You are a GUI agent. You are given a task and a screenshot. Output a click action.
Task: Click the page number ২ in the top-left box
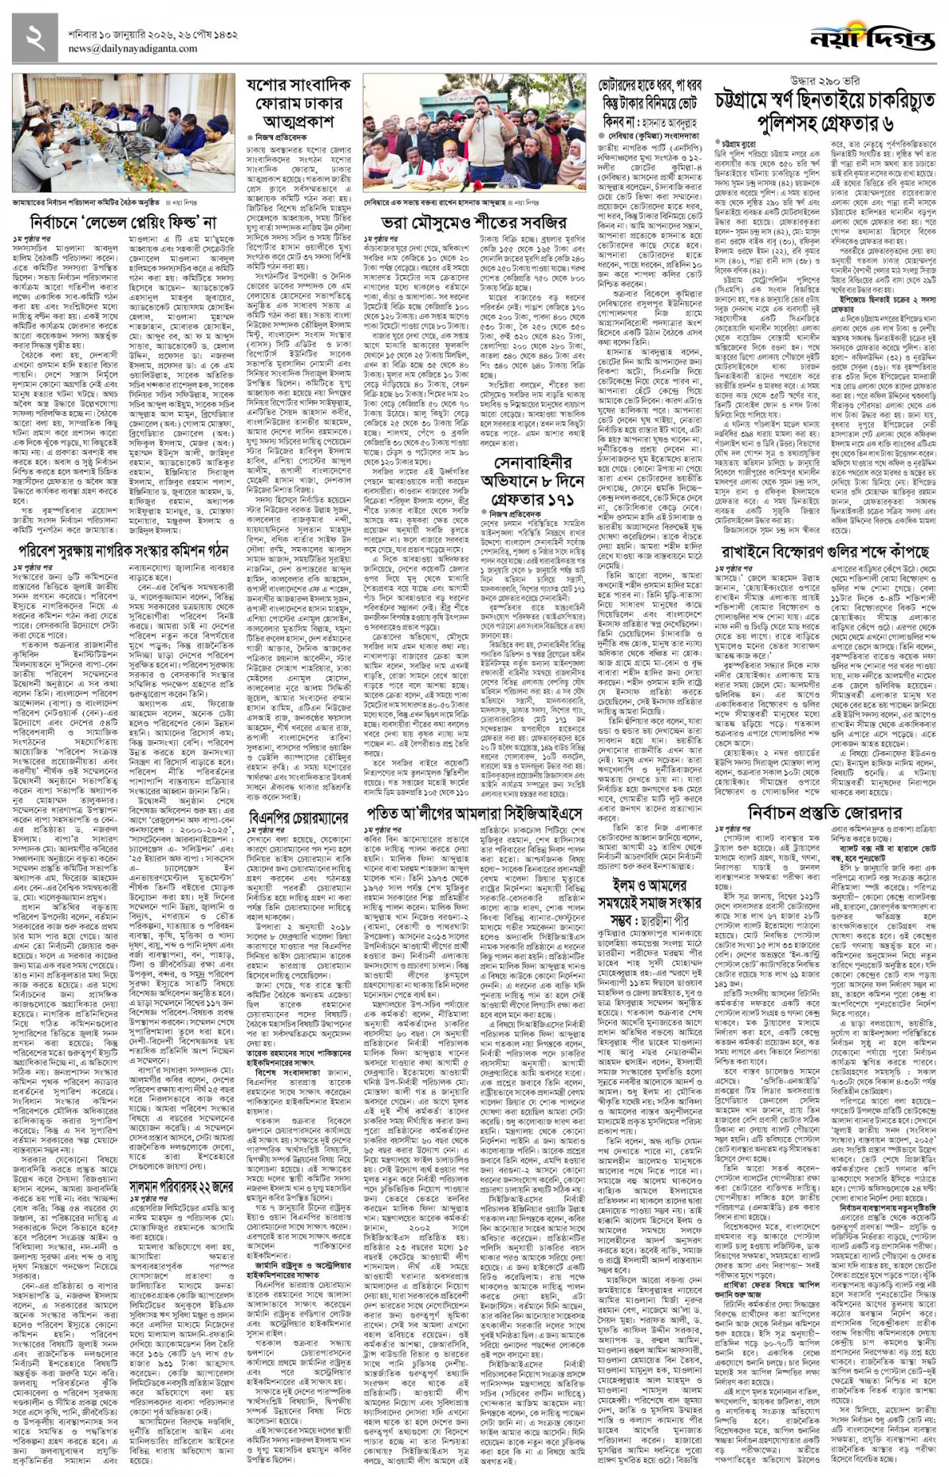32,37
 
